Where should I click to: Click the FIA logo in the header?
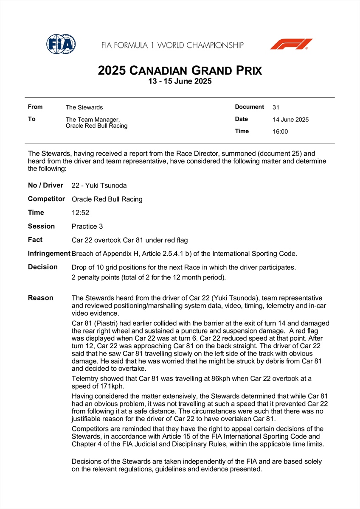pos(61,44)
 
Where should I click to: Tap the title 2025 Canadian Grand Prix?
pos(180,70)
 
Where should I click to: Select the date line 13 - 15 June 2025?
pos(180,81)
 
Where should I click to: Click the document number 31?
pos(276,107)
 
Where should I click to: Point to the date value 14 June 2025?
pos(291,120)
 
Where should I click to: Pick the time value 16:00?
pos(280,131)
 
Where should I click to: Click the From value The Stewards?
pos(84,107)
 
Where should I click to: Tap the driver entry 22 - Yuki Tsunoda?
pos(99,185)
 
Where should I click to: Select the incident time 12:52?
pos(80,213)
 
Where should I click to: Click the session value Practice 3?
pos(87,227)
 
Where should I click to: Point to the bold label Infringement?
pos(49,254)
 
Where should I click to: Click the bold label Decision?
pos(42,267)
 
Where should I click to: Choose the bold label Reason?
pos(40,298)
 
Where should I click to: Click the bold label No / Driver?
pos(45,185)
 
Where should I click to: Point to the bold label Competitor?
pos(46,199)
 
